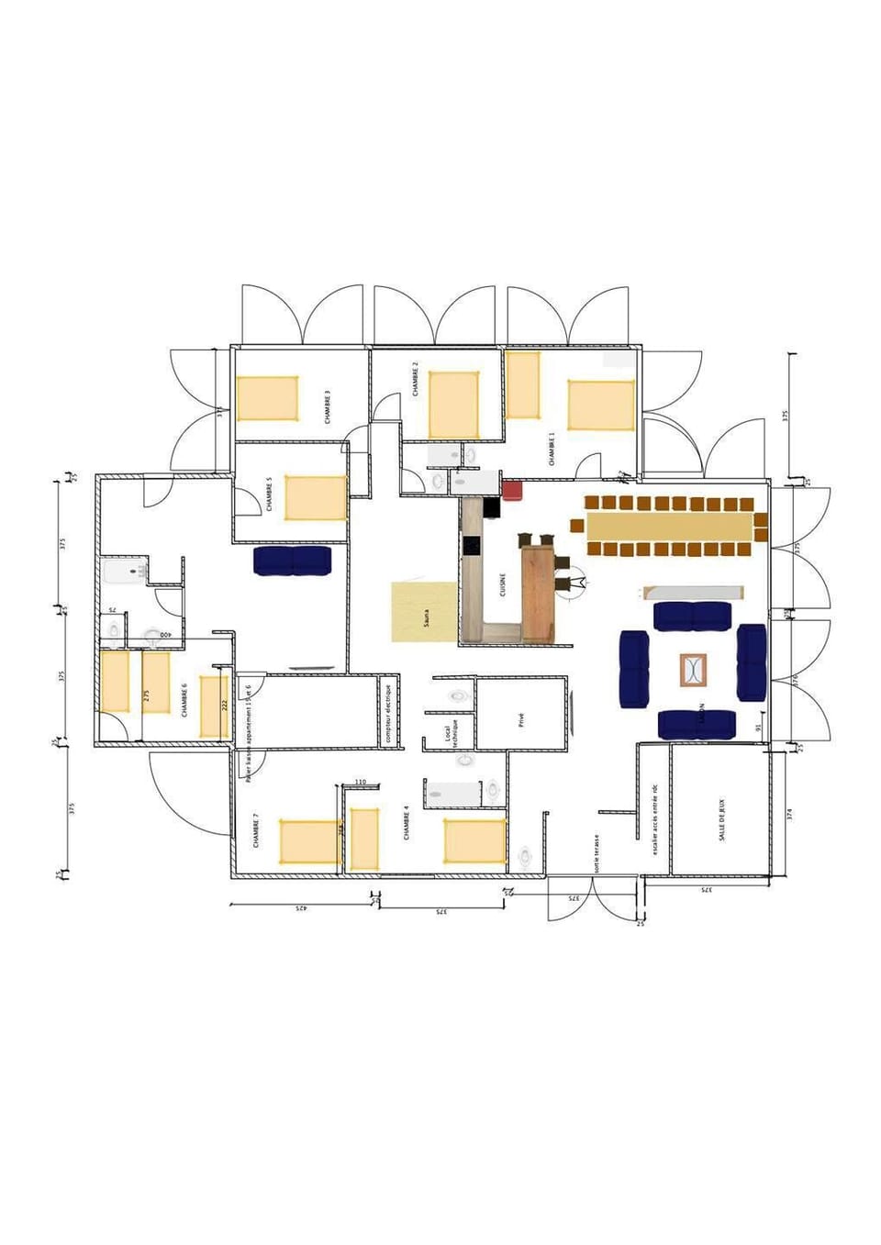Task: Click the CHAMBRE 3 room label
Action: pos(328,406)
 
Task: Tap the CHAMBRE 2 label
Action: pos(416,378)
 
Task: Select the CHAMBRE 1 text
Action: pos(552,449)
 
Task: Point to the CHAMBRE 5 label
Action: pos(270,494)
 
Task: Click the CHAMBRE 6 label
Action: pos(185,699)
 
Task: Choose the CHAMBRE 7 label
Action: pos(256,830)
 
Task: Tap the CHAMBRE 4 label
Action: pos(407,823)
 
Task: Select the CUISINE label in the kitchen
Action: pos(503,584)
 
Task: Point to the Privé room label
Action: pos(521,720)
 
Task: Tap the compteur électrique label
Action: pos(388,713)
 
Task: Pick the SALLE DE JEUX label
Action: pos(721,819)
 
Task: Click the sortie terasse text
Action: pos(597,853)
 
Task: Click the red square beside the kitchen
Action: pos(511,491)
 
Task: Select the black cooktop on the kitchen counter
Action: pos(472,545)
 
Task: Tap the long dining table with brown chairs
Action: pos(669,527)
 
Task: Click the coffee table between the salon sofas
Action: pos(695,670)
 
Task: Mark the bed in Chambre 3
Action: pos(268,398)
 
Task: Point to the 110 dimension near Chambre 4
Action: pos(361,782)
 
